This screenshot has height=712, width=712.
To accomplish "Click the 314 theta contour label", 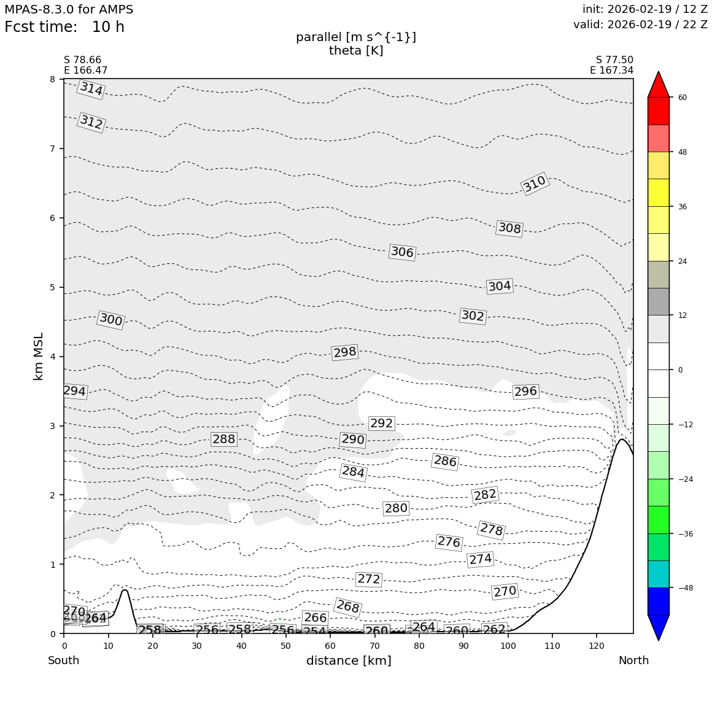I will point(91,89).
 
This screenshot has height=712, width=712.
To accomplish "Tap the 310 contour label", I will point(535,184).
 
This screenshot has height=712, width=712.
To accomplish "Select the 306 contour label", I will point(402,252).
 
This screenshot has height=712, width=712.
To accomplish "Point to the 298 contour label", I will point(345,352).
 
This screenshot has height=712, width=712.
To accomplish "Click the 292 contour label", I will point(381,424).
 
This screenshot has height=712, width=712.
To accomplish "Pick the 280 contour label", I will point(396,508).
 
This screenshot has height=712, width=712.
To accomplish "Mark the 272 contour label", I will point(369,579).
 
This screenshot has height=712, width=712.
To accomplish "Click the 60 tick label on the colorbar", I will point(682,98).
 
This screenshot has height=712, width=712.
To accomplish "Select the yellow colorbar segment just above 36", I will point(658,193).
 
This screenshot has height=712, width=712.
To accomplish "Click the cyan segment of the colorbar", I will point(658,574).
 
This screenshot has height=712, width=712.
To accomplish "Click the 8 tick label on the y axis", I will point(52,79).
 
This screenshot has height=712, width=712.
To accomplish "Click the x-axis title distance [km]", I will point(349,661).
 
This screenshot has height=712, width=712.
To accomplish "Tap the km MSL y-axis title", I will point(39,356).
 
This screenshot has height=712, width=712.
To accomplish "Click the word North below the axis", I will point(633,661).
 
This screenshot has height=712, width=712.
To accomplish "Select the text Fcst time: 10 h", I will point(64,28).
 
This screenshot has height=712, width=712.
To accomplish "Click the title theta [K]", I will point(356,51).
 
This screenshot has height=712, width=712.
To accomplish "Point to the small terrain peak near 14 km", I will point(125,592).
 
